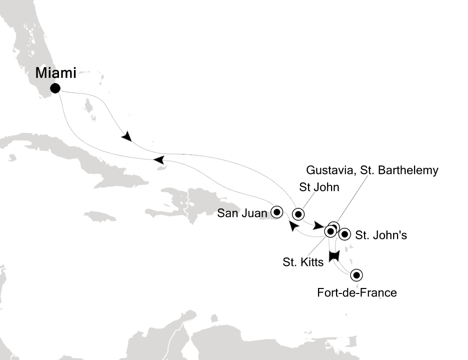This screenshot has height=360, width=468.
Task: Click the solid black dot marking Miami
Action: (x=55, y=89)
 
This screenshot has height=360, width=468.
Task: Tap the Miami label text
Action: (x=55, y=73)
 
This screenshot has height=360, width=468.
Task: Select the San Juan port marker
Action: (x=276, y=211)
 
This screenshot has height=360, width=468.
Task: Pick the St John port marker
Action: (x=298, y=214)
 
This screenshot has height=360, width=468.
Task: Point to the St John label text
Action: (x=319, y=188)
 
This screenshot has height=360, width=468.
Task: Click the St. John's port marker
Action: (x=344, y=233)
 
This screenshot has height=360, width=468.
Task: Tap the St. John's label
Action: (x=380, y=234)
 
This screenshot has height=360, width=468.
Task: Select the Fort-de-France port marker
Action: (x=355, y=274)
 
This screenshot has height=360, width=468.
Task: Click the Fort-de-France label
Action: (x=357, y=293)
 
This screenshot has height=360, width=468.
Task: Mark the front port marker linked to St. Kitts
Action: (x=330, y=231)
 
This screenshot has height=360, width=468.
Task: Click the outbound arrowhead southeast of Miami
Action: (x=127, y=136)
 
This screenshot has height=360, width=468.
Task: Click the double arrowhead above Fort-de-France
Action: (x=334, y=255)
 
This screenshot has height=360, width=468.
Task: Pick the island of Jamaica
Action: (x=99, y=216)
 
